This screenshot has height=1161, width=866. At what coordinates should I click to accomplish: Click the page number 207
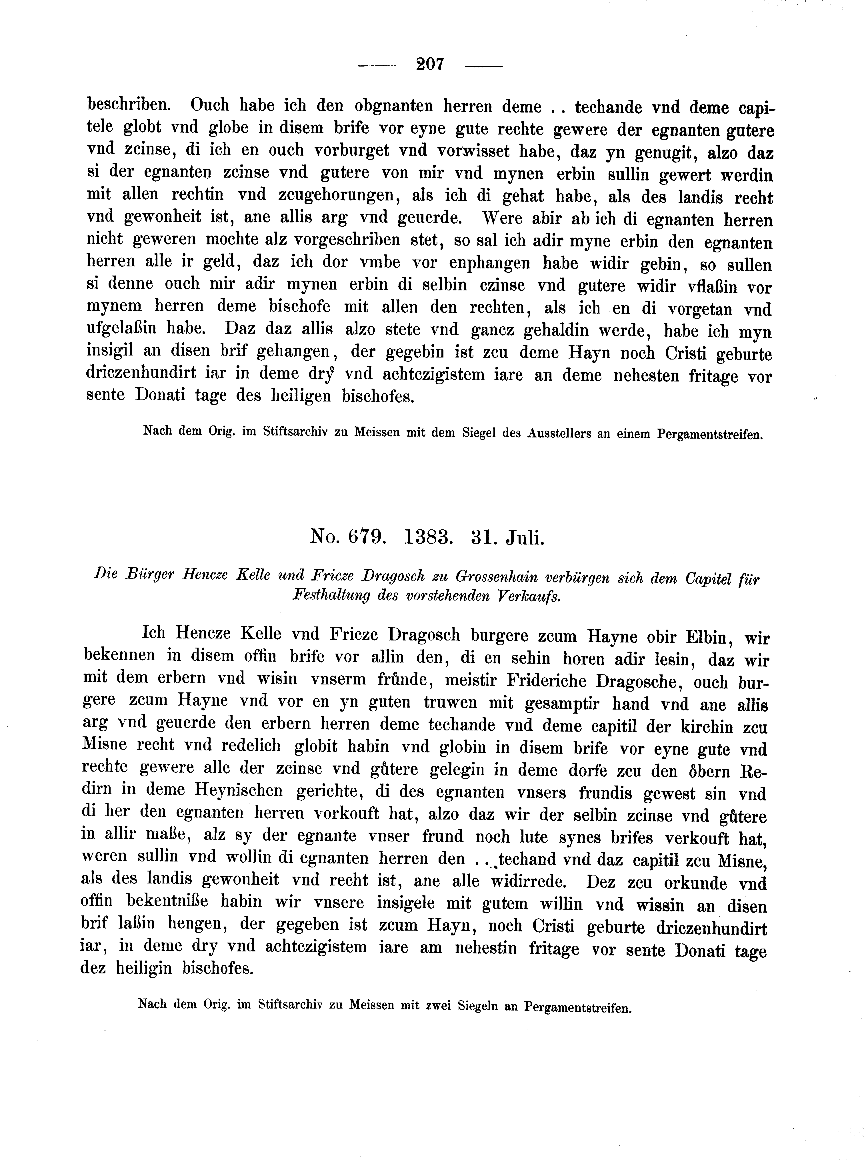pyautogui.click(x=430, y=65)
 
